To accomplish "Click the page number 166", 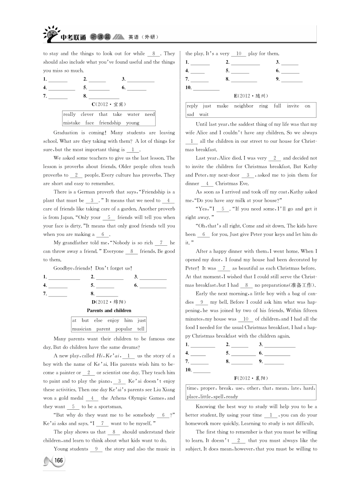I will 58,460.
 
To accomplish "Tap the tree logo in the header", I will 51,34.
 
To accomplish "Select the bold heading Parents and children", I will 109,310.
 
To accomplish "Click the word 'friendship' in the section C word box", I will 110,123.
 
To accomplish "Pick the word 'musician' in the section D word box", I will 81,329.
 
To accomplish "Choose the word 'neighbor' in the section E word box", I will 244,106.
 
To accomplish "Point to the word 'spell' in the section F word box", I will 221,397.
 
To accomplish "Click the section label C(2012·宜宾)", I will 109,104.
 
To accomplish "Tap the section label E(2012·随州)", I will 251,96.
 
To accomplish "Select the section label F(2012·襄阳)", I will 251,378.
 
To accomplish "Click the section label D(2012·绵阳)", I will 109,302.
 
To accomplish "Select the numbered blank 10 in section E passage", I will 246,319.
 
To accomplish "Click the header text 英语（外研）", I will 143,37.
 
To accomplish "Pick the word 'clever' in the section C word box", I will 87,114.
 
